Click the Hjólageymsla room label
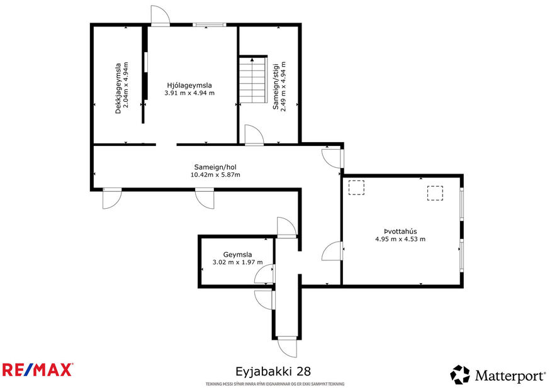(189, 85)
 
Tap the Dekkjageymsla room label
(118, 88)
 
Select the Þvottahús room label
(400, 231)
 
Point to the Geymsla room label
(237, 255)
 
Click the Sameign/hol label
(215, 167)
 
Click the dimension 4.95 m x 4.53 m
(400, 239)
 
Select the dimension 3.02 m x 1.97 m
(237, 263)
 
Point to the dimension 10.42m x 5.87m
(215, 175)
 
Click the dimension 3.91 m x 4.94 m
(189, 93)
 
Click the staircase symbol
(254, 81)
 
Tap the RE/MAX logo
(37, 369)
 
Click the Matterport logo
(497, 376)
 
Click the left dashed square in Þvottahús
(356, 189)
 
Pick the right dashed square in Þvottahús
(436, 193)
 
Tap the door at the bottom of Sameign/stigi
(254, 135)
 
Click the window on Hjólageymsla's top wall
(209, 25)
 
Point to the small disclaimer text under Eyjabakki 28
(275, 384)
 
